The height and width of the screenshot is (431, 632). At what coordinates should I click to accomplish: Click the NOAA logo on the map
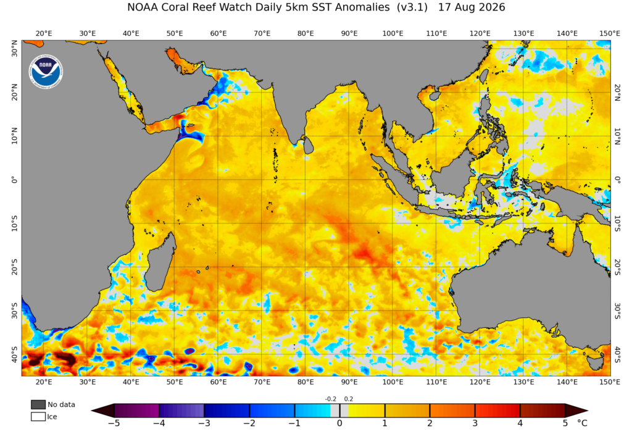click(x=46, y=72)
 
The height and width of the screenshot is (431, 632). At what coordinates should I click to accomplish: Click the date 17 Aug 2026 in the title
click(x=471, y=7)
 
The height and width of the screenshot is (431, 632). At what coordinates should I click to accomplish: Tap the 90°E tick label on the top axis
click(x=349, y=33)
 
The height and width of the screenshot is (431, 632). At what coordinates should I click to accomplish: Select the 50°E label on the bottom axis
click(x=175, y=382)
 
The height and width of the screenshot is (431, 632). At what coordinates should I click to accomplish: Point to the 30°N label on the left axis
click(x=15, y=48)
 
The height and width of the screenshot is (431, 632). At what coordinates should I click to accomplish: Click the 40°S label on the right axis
click(x=617, y=354)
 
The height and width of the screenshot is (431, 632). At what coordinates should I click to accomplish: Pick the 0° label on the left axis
click(x=15, y=180)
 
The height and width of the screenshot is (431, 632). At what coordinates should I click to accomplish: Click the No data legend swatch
click(x=38, y=404)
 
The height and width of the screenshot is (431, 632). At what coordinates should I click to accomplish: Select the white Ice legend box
click(x=38, y=416)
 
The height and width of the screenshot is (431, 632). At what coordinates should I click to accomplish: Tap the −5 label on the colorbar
click(x=114, y=423)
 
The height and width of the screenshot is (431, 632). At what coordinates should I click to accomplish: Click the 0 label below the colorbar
click(x=339, y=423)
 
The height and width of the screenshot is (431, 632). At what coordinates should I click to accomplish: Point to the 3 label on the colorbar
click(x=475, y=423)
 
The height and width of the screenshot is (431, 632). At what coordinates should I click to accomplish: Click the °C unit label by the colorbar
click(x=582, y=423)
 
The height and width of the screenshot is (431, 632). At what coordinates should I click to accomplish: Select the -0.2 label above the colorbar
click(x=331, y=399)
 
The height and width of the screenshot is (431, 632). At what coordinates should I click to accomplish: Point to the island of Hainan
click(x=435, y=96)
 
